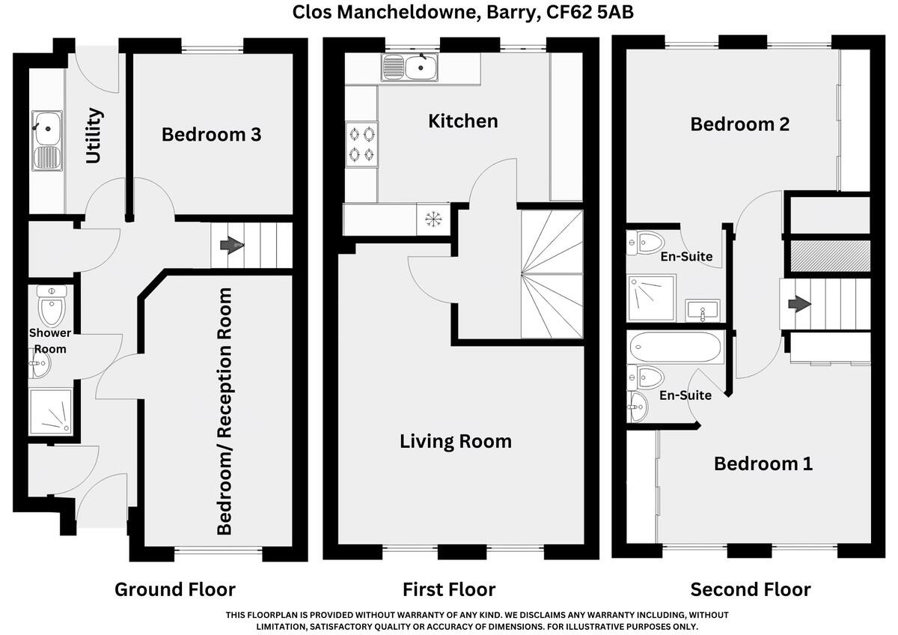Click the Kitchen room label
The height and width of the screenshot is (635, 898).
[463, 121]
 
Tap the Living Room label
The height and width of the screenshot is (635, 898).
[456, 441]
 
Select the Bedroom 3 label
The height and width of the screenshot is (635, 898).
[211, 134]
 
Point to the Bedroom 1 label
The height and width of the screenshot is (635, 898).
[763, 464]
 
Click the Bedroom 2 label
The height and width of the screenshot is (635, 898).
[740, 124]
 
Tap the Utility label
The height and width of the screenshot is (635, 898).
[94, 136]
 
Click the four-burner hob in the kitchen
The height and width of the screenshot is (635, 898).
[361, 144]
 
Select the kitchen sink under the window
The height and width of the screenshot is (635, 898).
[409, 67]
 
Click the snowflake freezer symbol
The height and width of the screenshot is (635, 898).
[433, 219]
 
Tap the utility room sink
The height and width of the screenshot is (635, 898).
[47, 141]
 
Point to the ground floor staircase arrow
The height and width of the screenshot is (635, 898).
[232, 245]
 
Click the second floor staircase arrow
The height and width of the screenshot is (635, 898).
[799, 304]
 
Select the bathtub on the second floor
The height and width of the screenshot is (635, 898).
[676, 347]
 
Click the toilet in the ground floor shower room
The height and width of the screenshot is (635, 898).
[52, 305]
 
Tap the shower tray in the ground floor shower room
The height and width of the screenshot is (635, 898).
[51, 412]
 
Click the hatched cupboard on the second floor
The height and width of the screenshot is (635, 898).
[830, 256]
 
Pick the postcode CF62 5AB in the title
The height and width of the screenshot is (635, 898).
[590, 12]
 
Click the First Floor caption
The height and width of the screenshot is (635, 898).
[449, 589]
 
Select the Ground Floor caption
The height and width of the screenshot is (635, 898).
[175, 589]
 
